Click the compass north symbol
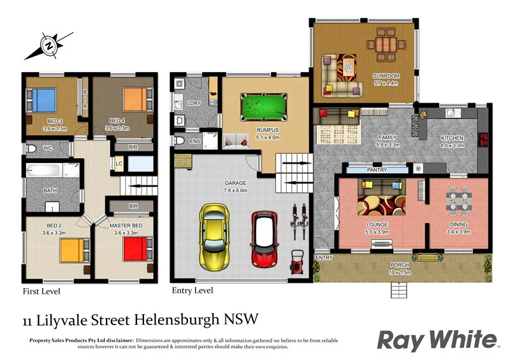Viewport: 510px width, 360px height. [x=48, y=45]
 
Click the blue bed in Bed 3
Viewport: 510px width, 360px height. [x=42, y=101]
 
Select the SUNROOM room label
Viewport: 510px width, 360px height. [x=386, y=76]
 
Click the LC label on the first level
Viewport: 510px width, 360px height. [x=119, y=163]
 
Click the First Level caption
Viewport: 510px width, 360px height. [x=41, y=291]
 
